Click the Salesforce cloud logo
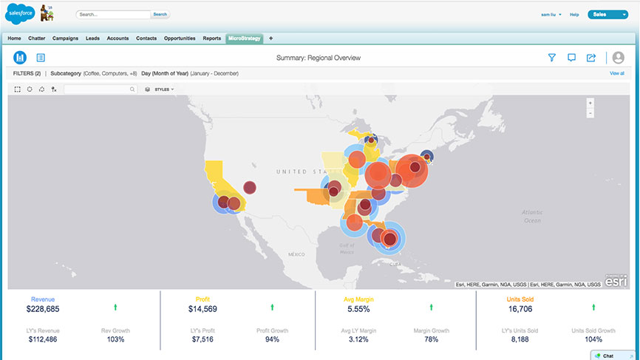tap(21, 13)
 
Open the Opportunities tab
tap(180, 38)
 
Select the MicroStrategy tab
tap(244, 38)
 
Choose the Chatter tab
tap(37, 38)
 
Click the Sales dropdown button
tap(607, 14)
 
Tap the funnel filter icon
tap(551, 58)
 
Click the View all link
tap(616, 74)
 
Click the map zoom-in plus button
tap(590, 103)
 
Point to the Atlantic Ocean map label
tap(531, 216)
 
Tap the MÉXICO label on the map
tap(296, 254)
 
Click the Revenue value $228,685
tap(42, 309)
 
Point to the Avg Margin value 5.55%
tap(356, 309)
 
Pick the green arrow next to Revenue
tap(115, 306)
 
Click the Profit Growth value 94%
tap(273, 339)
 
